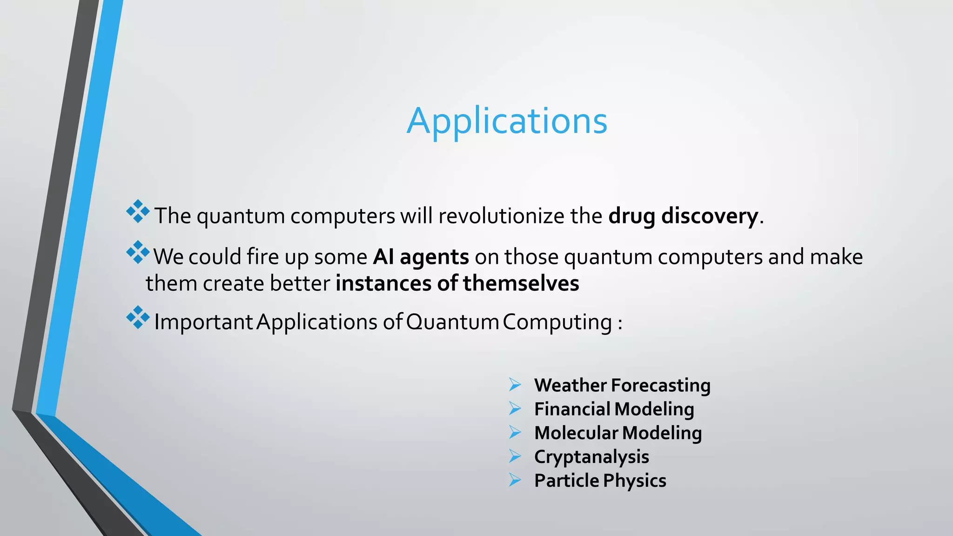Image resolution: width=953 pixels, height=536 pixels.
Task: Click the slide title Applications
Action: pyautogui.click(x=507, y=121)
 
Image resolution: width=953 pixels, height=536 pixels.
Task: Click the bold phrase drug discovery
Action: pyautogui.click(x=683, y=216)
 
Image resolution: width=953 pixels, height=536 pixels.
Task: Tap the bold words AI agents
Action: pyautogui.click(x=421, y=257)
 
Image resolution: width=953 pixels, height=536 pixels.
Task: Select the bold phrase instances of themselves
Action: pyautogui.click(x=457, y=283)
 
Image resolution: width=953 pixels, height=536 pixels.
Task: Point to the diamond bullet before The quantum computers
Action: pyautogui.click(x=138, y=212)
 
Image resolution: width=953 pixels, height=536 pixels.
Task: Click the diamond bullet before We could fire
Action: pyautogui.click(x=138, y=253)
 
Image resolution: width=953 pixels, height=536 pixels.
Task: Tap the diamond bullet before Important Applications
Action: pyautogui.click(x=138, y=317)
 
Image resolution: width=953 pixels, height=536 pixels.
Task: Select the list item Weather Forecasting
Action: pyautogui.click(x=622, y=385)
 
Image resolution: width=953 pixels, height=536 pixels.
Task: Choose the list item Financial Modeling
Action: pyautogui.click(x=614, y=409)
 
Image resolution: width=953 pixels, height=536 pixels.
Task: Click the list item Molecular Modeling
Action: pyautogui.click(x=617, y=433)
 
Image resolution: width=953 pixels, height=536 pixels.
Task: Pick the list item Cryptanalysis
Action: pyautogui.click(x=591, y=456)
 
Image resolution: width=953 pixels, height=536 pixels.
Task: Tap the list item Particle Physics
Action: pyautogui.click(x=600, y=480)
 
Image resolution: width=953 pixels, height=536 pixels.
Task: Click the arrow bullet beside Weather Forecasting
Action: pyautogui.click(x=515, y=385)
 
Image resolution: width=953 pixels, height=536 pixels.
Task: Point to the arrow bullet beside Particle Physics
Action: pyautogui.click(x=515, y=480)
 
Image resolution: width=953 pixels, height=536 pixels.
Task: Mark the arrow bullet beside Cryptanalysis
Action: pyautogui.click(x=515, y=456)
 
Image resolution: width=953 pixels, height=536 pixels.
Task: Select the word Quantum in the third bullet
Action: pyautogui.click(x=452, y=322)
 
